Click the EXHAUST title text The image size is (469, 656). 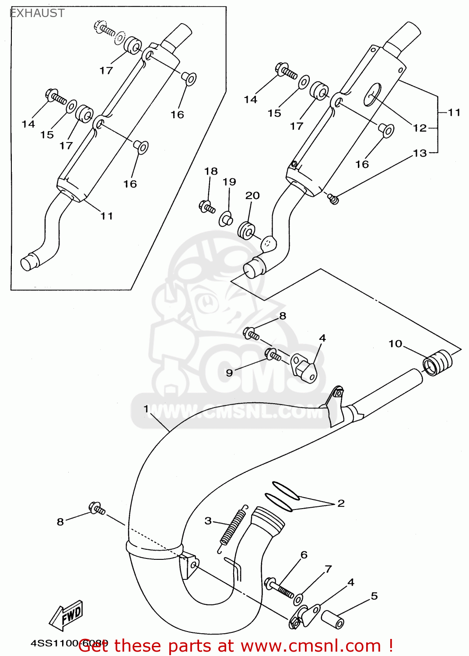(37, 13)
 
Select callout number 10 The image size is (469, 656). (395, 344)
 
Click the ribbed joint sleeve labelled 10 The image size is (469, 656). (437, 363)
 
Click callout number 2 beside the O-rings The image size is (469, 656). (341, 503)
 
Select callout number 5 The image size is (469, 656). (374, 596)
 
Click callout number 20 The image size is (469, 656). (252, 195)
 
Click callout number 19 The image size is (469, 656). (229, 181)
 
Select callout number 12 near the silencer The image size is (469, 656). (419, 128)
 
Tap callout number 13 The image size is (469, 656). (419, 153)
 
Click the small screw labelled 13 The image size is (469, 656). (334, 199)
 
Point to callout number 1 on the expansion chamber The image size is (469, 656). (146, 409)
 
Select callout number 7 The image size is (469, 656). (328, 569)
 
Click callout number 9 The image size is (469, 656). (229, 373)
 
